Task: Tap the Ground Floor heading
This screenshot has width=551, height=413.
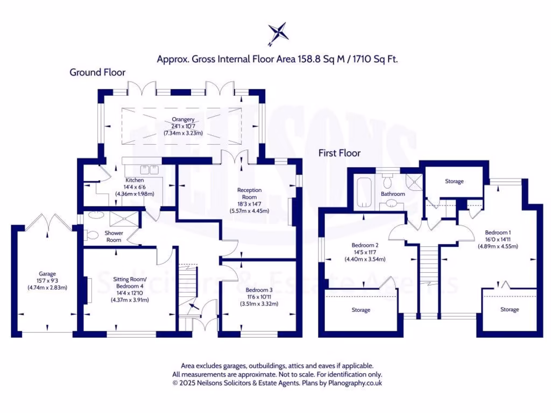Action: [97, 72]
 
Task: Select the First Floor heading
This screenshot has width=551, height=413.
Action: [339, 153]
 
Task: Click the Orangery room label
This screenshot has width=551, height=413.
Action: [183, 119]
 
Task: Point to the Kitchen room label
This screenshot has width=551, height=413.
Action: [135, 180]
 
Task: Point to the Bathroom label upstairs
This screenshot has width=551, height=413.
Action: [393, 194]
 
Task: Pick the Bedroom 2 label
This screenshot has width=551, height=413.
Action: [365, 245]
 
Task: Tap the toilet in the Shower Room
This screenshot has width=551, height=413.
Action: [93, 234]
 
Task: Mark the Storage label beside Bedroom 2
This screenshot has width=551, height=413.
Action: [361, 310]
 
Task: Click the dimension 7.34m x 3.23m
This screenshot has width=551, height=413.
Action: [183, 133]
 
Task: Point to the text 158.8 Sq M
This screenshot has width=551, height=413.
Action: [319, 59]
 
